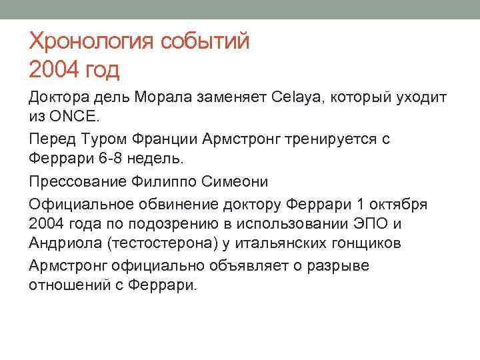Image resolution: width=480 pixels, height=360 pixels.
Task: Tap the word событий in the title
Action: click(205, 43)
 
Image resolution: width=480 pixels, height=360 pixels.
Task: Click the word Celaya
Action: click(297, 97)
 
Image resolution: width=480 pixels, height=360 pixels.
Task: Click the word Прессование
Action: click(72, 181)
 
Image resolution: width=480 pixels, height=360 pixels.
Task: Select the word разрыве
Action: click(336, 265)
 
